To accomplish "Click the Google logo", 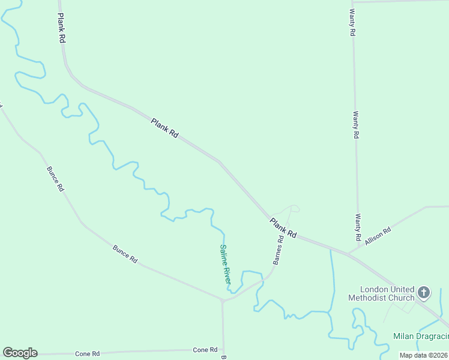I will pyautogui.click(x=20, y=353).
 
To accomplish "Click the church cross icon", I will pyautogui.click(x=424, y=293).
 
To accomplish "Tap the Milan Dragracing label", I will pyautogui.click(x=420, y=336).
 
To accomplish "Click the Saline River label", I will pyautogui.click(x=225, y=265).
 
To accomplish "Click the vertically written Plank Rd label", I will pyautogui.click(x=62, y=29).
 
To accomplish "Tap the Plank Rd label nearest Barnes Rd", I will pyautogui.click(x=283, y=228).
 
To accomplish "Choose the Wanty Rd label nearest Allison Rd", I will pyautogui.click(x=358, y=224).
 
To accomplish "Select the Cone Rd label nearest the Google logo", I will pyautogui.click(x=87, y=354).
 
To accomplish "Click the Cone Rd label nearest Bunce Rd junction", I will pyautogui.click(x=205, y=350).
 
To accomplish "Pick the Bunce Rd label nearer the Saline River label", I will pyautogui.click(x=125, y=254).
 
